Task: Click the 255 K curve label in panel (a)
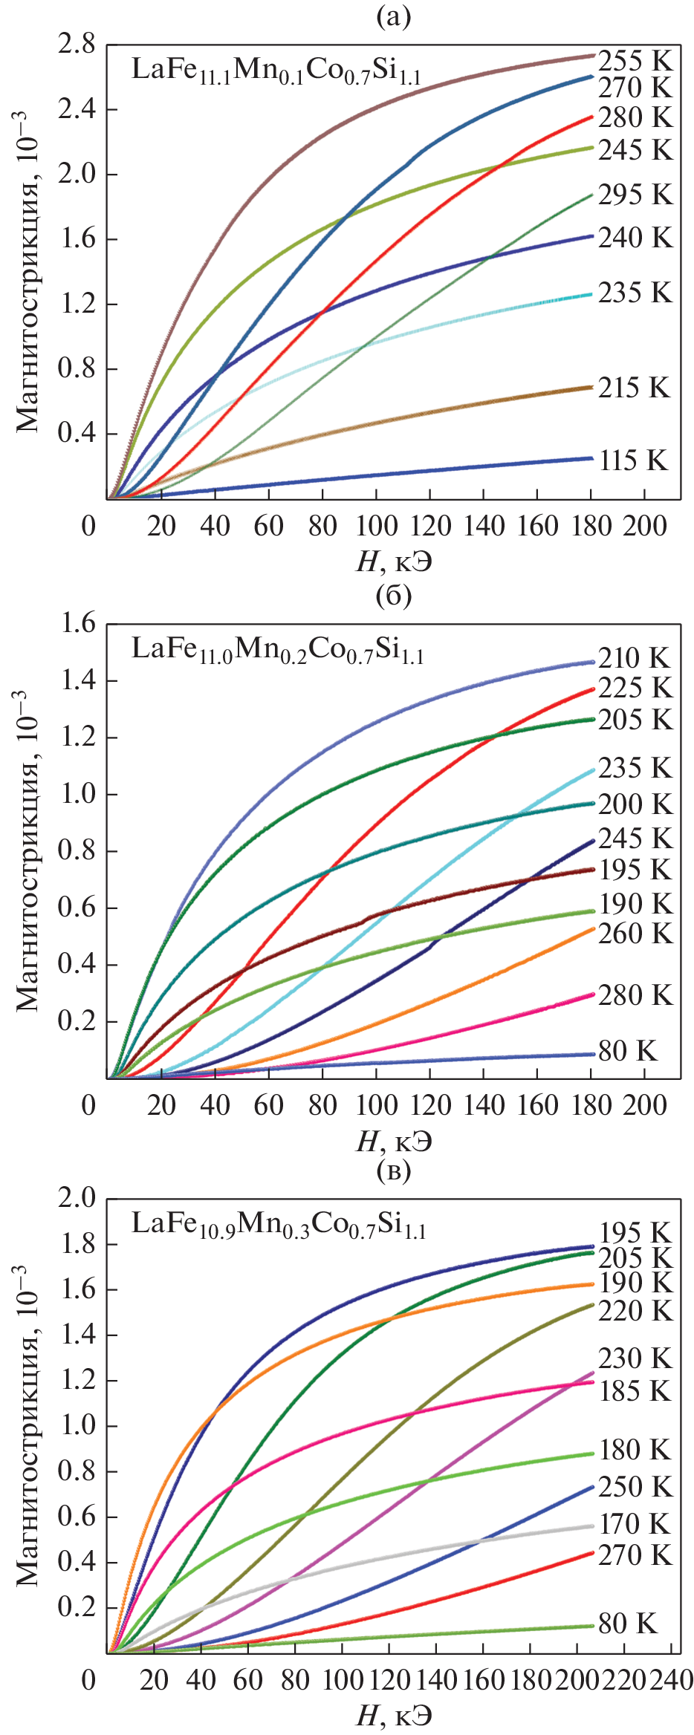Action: point(635,61)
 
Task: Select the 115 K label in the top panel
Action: point(633,460)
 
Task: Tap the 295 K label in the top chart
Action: point(635,195)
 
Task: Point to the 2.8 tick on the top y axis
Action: point(77,45)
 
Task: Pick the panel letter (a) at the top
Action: point(394,16)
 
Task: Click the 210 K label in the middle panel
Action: point(635,658)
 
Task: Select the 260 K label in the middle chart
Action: point(635,934)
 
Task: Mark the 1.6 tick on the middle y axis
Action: point(77,623)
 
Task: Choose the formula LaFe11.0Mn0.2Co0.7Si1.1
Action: point(277,649)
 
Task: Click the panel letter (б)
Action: point(394,596)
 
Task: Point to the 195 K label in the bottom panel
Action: point(635,1233)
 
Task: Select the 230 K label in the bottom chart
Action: point(635,1358)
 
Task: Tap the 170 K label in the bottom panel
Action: point(635,1524)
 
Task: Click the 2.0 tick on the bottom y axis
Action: point(77,1198)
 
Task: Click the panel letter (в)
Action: point(394,1171)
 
